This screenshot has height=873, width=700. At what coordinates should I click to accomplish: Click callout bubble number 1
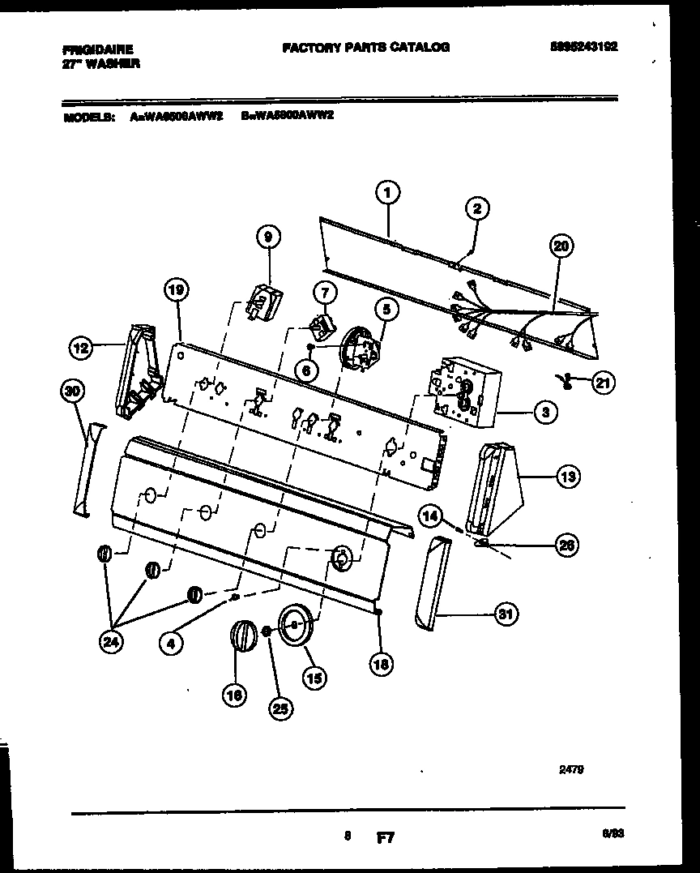(388, 192)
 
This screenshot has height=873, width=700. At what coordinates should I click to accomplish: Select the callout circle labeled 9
(267, 236)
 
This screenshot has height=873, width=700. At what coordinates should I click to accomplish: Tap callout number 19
(177, 289)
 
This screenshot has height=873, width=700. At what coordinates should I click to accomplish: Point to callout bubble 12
(80, 349)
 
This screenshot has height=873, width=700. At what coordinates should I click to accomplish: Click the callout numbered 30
(73, 392)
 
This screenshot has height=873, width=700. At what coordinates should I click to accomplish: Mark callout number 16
(234, 693)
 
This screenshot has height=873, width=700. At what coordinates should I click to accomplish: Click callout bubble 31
(506, 614)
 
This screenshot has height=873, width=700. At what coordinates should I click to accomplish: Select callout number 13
(567, 477)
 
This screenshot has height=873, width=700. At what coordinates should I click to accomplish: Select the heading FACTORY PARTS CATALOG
(365, 47)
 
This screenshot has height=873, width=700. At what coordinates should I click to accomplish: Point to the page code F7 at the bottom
(384, 837)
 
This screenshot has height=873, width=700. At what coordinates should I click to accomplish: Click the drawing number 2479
(570, 771)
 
